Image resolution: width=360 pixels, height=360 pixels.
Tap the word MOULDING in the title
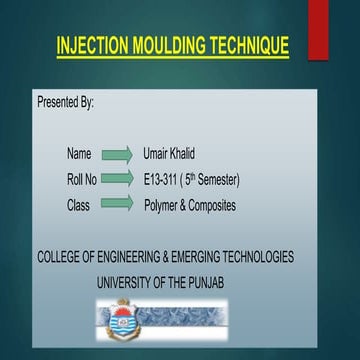coord(169,46)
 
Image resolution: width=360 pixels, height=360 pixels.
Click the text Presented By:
coord(65,102)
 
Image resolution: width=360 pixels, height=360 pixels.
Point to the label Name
coord(79,154)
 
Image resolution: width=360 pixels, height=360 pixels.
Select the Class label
coord(79,204)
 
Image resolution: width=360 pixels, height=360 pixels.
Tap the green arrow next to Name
coord(117,154)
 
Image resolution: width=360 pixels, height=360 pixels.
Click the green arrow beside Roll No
coord(117,179)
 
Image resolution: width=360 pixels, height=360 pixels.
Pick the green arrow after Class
coord(117,204)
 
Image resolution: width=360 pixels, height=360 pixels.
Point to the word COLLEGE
coord(63,257)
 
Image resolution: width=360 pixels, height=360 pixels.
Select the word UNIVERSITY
coord(130,282)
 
